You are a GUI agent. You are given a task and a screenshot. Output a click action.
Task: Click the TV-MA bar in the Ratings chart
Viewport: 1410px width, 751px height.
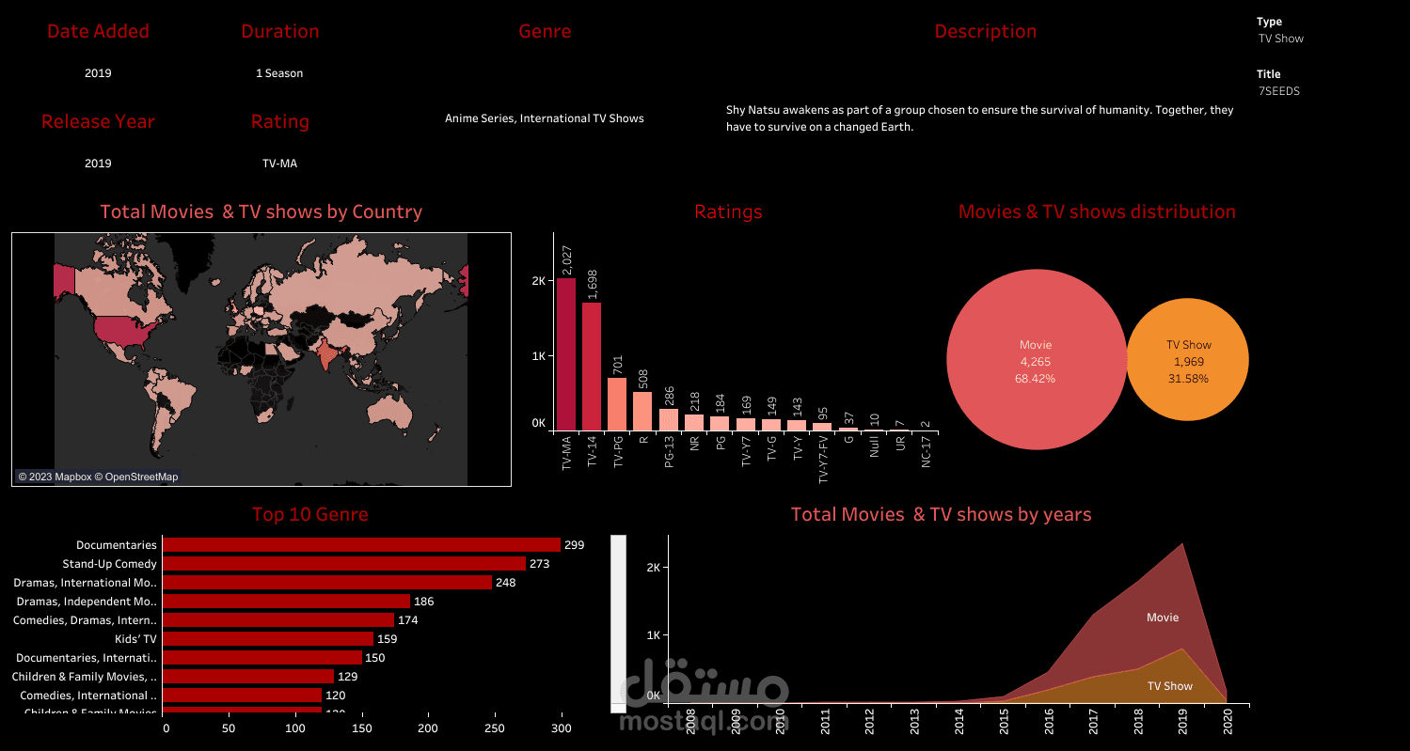point(565,353)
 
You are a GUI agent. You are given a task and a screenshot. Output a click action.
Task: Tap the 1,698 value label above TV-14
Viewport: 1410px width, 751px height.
point(592,286)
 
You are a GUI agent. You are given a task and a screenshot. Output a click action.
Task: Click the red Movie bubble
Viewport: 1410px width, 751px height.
point(1036,359)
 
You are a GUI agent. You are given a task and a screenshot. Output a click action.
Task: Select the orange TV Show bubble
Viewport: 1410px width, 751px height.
point(1188,360)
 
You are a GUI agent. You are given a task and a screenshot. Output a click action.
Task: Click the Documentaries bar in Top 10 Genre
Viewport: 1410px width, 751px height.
point(361,545)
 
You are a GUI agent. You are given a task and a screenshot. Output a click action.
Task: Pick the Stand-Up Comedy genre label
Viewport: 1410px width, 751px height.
point(109,564)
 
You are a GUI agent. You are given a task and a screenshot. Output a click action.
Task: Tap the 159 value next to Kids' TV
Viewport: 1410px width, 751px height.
point(388,639)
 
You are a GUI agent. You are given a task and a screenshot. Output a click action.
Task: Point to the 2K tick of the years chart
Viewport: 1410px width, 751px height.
point(656,568)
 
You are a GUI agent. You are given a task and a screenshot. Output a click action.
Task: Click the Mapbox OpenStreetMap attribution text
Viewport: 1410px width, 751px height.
point(98,477)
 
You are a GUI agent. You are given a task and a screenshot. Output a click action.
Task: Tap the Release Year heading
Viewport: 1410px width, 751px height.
point(98,121)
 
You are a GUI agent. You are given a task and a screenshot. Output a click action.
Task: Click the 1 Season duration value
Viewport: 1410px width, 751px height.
point(279,73)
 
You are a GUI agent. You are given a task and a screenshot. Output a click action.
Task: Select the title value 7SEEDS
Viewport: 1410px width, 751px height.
point(1279,91)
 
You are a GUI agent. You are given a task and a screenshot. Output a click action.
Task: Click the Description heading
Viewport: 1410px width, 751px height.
point(985,31)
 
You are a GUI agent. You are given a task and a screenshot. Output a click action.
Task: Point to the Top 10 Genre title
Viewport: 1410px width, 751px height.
point(309,514)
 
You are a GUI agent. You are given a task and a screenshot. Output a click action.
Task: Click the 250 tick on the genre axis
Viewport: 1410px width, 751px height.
point(494,728)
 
